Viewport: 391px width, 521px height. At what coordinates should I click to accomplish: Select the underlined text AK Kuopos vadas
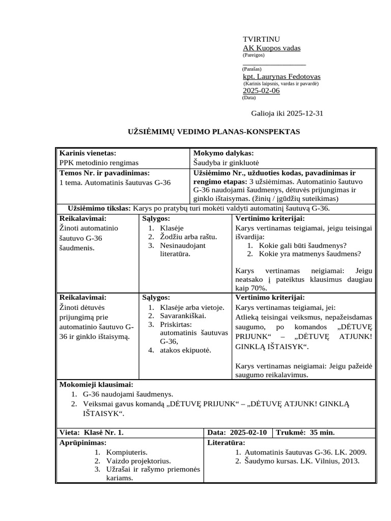[x=271, y=48]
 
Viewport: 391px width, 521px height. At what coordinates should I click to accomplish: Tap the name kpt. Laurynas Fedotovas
[x=282, y=76]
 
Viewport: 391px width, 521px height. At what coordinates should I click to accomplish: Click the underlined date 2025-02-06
[x=261, y=91]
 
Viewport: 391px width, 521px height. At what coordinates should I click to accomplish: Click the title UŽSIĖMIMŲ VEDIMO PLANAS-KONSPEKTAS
[x=213, y=132]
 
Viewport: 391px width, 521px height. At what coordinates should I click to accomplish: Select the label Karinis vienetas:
[x=88, y=153]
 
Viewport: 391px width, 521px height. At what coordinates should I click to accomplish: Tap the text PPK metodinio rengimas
[x=99, y=163]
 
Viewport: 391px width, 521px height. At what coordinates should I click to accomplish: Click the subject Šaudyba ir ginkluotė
[x=227, y=163]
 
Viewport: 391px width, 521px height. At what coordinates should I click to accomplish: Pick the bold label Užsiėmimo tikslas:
[x=100, y=209]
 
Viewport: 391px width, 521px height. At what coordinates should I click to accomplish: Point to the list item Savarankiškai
[x=177, y=316]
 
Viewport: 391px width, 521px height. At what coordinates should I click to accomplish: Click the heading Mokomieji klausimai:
[x=96, y=385]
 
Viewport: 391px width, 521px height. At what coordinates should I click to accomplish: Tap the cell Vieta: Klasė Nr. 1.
[x=91, y=432]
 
